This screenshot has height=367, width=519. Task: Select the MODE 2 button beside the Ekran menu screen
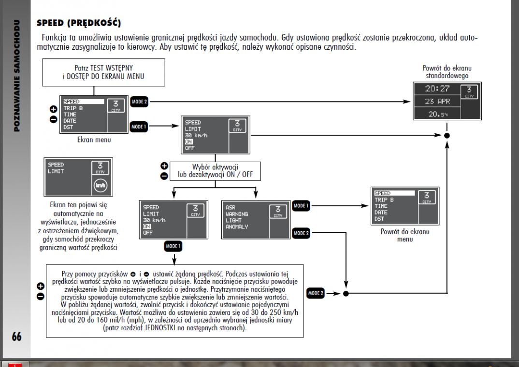point(139,102)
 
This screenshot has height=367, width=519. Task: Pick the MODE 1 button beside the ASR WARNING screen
point(301,206)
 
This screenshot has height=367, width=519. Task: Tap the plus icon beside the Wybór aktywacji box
point(164,167)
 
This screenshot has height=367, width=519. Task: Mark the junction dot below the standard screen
point(447,136)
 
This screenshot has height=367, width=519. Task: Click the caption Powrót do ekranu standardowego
point(446,71)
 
